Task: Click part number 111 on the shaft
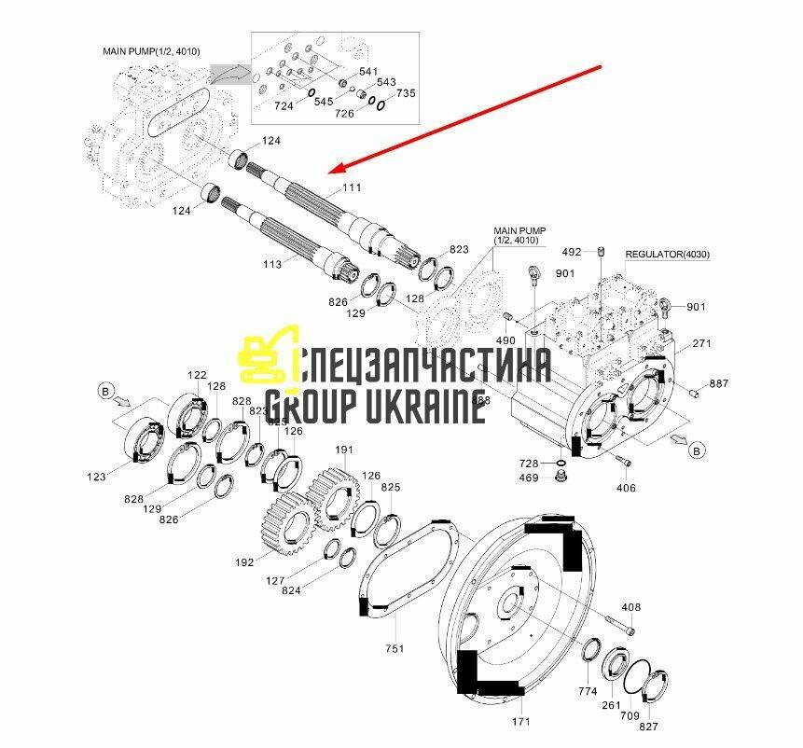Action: tap(351, 187)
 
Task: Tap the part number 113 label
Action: tap(272, 265)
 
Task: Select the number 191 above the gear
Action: tap(344, 450)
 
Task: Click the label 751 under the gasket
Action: tap(395, 648)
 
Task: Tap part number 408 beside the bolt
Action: tap(631, 607)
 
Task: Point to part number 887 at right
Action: tap(719, 383)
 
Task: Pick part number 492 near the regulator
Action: tap(572, 252)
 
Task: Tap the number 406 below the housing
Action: tap(626, 488)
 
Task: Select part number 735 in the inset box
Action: tap(407, 93)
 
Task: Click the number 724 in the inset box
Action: tap(284, 106)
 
